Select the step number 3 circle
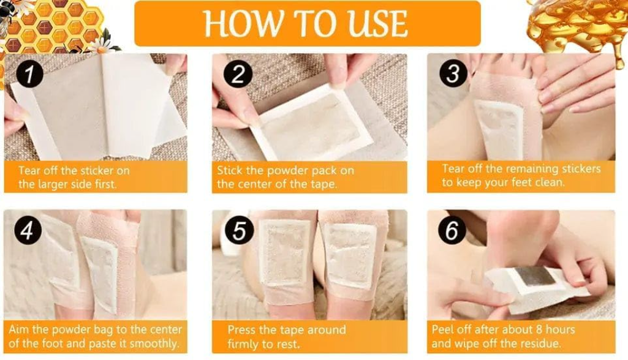(x=452, y=73)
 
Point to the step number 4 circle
(x=27, y=230)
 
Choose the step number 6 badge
(x=452, y=231)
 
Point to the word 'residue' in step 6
(x=537, y=343)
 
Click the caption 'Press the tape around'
(x=287, y=337)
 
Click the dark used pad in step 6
(x=535, y=276)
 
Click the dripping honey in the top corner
(x=579, y=24)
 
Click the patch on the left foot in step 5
(x=284, y=254)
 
